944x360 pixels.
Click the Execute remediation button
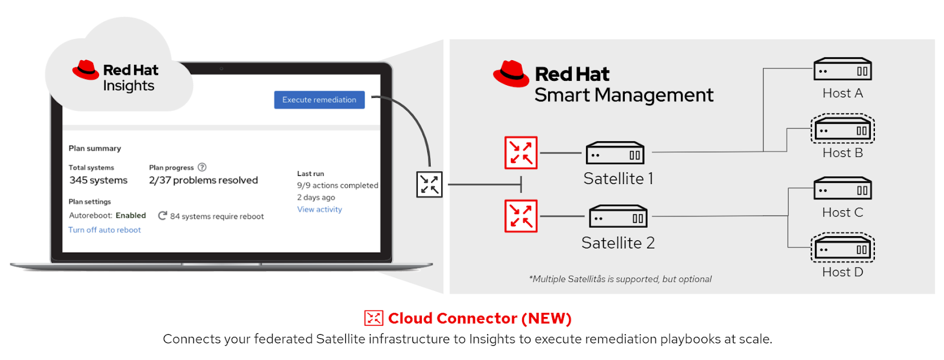[x=319, y=100]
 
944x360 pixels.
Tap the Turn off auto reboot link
[x=104, y=230]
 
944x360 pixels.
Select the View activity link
[x=319, y=210]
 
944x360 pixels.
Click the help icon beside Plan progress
[x=202, y=168]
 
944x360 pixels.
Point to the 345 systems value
[x=99, y=181]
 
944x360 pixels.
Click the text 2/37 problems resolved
[x=204, y=181]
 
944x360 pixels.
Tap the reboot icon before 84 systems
[x=163, y=216]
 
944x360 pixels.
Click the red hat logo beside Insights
[x=86, y=70]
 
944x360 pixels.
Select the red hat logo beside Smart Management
[x=511, y=74]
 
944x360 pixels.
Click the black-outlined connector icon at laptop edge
[x=430, y=184]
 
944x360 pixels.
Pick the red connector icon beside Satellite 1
[x=521, y=153]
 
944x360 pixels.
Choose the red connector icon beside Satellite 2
[x=521, y=216]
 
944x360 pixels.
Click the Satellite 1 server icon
[x=615, y=153]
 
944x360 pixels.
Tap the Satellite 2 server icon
[x=618, y=217]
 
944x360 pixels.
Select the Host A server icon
[x=843, y=69]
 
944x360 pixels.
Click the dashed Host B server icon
[x=843, y=129]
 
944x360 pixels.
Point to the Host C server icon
[x=843, y=188]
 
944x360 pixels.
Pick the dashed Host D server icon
[x=843, y=248]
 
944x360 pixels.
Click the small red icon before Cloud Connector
[x=373, y=318]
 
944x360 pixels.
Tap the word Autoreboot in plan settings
[x=90, y=216]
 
